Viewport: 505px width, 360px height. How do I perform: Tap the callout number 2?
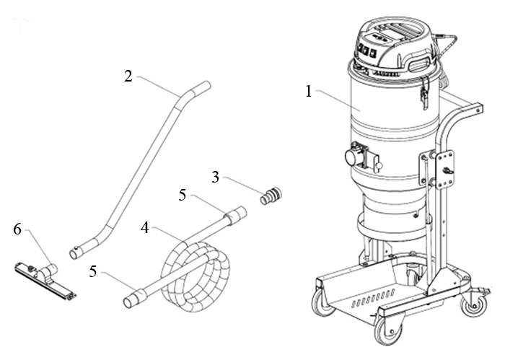(128, 75)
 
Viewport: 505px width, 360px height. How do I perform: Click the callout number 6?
(17, 229)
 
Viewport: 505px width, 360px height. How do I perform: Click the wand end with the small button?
(79, 252)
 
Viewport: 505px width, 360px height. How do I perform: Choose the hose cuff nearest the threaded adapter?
(236, 214)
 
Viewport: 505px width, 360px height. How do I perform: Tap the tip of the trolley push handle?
(477, 107)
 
